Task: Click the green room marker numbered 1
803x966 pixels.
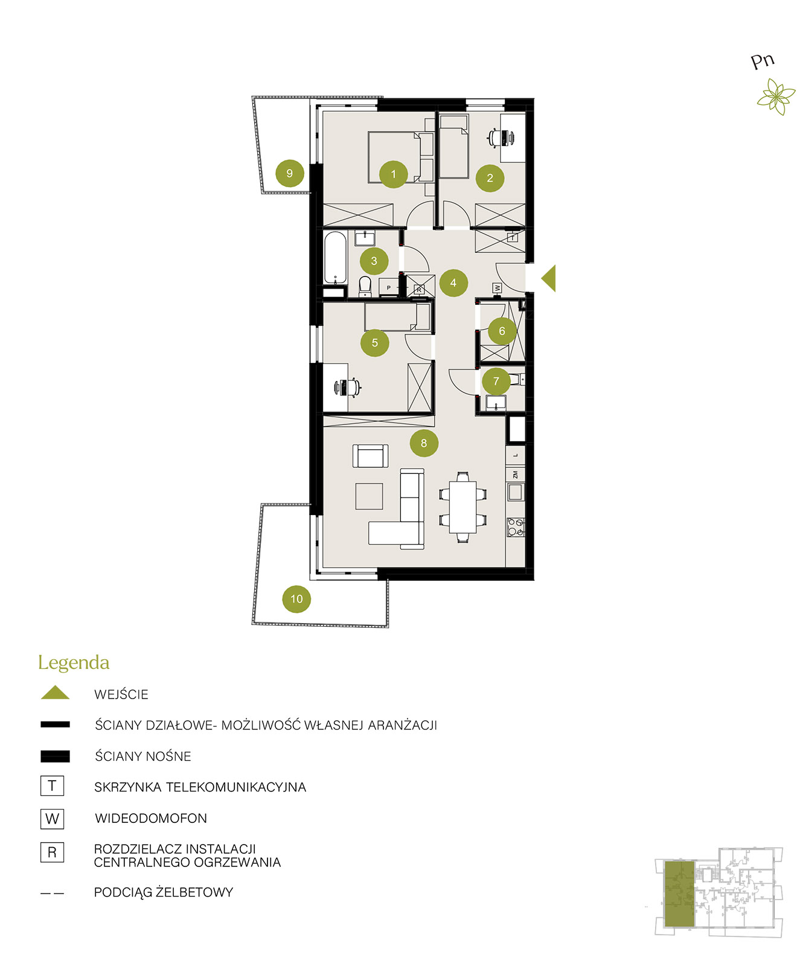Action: point(393,174)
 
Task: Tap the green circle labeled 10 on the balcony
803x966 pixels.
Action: point(296,599)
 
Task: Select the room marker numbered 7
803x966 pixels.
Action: point(496,381)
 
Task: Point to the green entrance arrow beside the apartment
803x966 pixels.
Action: point(548,278)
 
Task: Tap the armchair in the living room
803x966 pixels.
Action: point(370,456)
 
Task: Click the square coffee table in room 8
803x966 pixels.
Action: point(369,496)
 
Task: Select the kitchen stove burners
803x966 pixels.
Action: point(516,527)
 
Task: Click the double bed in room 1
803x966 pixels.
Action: point(401,157)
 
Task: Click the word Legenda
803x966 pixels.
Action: point(74,663)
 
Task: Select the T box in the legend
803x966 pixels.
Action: point(52,786)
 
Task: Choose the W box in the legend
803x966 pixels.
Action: point(52,819)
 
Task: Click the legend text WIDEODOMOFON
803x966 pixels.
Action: point(151,818)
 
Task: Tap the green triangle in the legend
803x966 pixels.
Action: point(55,693)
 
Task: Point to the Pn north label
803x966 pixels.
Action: point(763,61)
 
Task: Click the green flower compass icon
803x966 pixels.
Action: point(776,98)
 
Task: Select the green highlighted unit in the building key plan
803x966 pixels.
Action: point(679,894)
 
